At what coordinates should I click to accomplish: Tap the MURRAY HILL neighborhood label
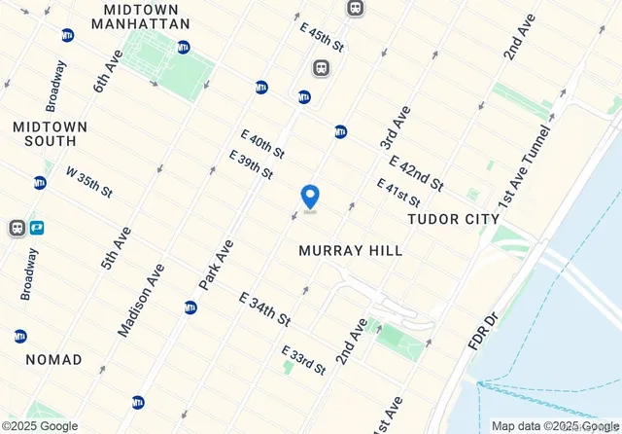pyautogui.click(x=351, y=250)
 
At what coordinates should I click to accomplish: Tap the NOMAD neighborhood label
pyautogui.click(x=53, y=359)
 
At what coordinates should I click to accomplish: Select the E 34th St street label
pyautogui.click(x=264, y=307)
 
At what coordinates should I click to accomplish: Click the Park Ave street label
pyautogui.click(x=217, y=264)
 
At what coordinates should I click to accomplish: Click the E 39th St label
pyautogui.click(x=251, y=163)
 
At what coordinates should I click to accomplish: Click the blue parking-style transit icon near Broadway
pyautogui.click(x=38, y=228)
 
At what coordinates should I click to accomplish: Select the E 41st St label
pyautogui.click(x=398, y=192)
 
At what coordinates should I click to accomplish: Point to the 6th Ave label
pyautogui.click(x=105, y=71)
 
